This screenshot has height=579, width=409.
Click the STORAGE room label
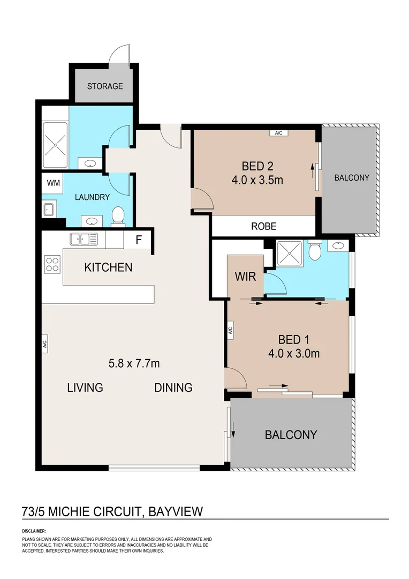[105, 86]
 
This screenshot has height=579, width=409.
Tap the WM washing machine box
[54, 183]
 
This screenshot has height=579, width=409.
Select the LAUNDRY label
[92, 197]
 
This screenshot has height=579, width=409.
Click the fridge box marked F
[138, 240]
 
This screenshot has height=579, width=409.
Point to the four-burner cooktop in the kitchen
[52, 264]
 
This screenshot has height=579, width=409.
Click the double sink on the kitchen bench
[84, 239]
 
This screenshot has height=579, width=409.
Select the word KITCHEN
[108, 267]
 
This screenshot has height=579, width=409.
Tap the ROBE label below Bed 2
[263, 226]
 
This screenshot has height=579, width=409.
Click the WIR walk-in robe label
[245, 277]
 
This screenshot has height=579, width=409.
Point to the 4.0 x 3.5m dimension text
[257, 180]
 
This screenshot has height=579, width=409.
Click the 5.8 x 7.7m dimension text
[134, 363]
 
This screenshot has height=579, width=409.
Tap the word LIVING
[85, 387]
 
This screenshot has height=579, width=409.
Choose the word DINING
[173, 387]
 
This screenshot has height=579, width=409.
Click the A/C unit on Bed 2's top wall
[278, 132]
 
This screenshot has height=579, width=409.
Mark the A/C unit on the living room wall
[45, 343]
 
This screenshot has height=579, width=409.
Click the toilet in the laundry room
[117, 216]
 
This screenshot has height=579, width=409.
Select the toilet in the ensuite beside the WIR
[315, 250]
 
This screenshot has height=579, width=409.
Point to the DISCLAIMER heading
[34, 531]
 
